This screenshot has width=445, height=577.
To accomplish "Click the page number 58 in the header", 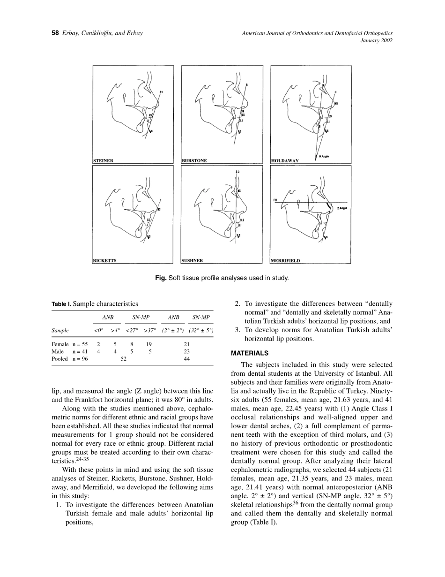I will (54, 33).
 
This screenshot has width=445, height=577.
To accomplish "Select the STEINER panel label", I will (104, 160).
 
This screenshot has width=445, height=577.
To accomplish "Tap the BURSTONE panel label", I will (194, 160).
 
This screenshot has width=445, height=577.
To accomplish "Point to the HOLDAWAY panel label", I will (285, 160).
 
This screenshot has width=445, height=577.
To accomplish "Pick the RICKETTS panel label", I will (104, 260).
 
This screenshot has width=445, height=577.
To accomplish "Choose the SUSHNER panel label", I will (193, 260).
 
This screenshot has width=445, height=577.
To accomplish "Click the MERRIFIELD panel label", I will (286, 260).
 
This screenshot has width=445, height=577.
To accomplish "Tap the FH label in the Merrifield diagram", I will (275, 200).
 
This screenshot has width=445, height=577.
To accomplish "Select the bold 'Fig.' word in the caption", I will (161, 278).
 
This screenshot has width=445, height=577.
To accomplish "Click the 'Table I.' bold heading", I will (61, 304).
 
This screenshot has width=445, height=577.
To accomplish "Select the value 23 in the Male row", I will (187, 351).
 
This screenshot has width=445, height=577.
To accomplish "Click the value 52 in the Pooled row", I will (124, 359).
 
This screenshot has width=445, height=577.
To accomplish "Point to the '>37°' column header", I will (150, 330).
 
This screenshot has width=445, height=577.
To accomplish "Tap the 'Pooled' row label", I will (59, 359).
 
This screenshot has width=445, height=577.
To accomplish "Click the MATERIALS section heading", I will (249, 353).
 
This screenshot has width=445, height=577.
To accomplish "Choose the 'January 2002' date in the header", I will (376, 40).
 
